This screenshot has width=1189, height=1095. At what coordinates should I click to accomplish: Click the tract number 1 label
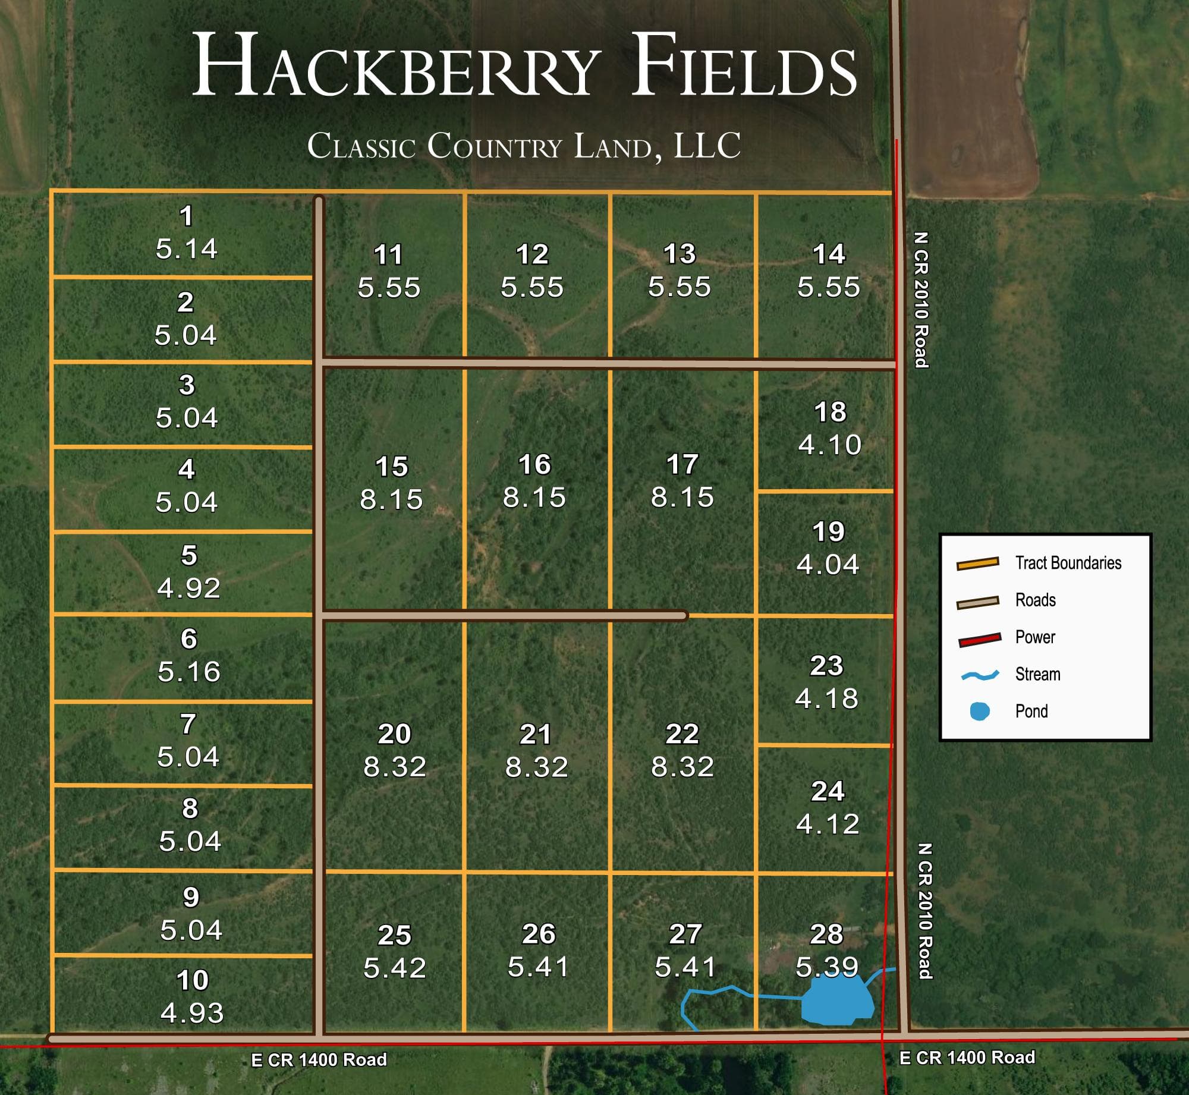pos(187,216)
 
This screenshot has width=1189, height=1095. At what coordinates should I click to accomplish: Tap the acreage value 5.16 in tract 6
pos(189,672)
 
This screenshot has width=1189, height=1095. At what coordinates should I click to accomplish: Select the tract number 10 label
pos(192,980)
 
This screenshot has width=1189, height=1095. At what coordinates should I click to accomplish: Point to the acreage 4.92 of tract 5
pos(189,588)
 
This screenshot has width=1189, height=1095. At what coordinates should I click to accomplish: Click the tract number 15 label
pos(392,467)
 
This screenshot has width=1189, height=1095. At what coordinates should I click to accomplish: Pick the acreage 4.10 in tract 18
pos(830,445)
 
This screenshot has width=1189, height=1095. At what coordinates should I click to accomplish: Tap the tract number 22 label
pos(682,734)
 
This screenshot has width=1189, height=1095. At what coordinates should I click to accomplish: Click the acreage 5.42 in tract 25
pos(395,968)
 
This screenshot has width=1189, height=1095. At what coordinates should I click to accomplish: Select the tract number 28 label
pos(826,934)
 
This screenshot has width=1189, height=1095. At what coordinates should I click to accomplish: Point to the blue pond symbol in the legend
pos(979,712)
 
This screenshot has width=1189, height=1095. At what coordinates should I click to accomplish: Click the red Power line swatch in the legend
pos(979,640)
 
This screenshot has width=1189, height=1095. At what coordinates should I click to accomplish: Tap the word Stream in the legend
pos(1037,674)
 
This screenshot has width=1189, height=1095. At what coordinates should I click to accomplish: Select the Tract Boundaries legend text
pos(1068,563)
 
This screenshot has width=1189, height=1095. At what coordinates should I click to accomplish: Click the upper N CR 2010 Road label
pos(920,300)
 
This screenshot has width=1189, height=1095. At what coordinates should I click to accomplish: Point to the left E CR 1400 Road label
pos(319,1060)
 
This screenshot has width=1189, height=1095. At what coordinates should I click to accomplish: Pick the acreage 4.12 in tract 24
pos(828,824)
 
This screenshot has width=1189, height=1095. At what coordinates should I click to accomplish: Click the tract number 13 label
pos(680,254)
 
